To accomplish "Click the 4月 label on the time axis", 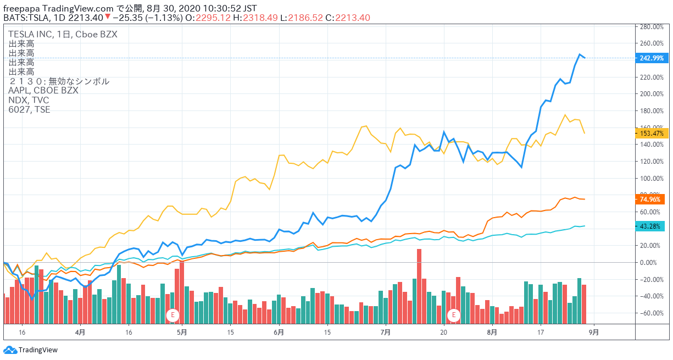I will (80, 332).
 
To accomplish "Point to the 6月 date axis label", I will (279, 332).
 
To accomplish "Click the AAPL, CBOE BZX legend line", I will (43, 91).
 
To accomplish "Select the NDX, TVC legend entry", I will (29, 100).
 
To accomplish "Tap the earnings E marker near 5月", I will (173, 315).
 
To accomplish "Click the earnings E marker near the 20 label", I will (454, 315).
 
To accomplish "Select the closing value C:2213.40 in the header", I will (348, 18).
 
